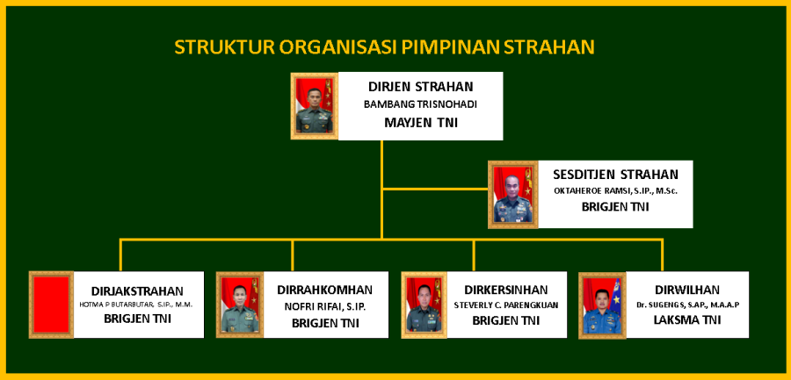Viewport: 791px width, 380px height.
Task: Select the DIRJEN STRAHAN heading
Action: pos(421,87)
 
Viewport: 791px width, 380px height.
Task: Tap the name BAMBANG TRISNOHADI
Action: pos(421,104)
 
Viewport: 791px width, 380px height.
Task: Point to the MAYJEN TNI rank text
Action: pos(421,123)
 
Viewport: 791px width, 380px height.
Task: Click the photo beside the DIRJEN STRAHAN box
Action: pos(315,106)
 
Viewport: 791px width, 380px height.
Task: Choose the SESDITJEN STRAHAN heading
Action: pos(615,175)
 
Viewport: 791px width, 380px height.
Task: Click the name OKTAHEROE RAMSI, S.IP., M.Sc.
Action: pos(615,191)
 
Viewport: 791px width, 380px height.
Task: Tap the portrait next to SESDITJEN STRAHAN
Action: pos(513,195)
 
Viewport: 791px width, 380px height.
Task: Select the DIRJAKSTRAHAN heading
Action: pos(137,291)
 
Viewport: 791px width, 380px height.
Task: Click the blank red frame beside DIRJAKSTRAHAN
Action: pos(52,305)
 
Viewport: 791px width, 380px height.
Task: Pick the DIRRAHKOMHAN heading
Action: pos(325,290)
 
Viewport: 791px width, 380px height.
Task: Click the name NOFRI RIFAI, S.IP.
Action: pos(325,306)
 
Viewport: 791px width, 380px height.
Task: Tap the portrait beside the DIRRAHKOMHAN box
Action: pos(240,305)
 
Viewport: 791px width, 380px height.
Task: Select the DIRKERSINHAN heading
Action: pos(505,290)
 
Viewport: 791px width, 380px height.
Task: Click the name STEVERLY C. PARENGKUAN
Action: pos(505,305)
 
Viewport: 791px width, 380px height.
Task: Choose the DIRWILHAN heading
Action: pos(687,290)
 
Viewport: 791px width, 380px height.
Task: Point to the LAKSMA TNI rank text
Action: pos(687,319)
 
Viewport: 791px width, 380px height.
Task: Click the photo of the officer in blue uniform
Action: pos(602,305)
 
